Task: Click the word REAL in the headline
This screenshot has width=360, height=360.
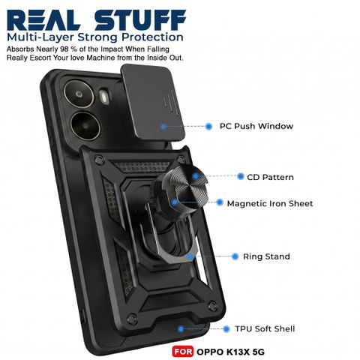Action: pos(43,20)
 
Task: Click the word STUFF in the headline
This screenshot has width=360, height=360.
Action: pos(140,20)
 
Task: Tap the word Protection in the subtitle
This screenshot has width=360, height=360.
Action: pos(152,37)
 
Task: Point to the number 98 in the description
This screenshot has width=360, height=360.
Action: pos(64,49)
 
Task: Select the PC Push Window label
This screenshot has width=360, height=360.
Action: pos(256,126)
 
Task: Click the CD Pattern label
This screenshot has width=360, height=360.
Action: pos(270,177)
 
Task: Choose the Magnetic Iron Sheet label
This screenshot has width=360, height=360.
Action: pos(270,203)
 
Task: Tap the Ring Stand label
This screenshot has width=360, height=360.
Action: pos(266,256)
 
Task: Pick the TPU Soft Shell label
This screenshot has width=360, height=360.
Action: pos(265,328)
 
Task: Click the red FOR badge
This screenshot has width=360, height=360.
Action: pos(182,352)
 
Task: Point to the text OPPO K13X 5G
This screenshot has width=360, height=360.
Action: pos(230,352)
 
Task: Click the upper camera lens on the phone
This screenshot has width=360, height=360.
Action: pos(79,94)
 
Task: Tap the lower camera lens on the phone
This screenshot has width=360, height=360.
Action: pos(85,126)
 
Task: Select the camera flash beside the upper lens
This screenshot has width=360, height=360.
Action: pos(104,96)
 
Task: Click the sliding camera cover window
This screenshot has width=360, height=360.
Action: pos(152,100)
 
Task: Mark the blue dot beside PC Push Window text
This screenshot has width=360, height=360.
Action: pos(208,126)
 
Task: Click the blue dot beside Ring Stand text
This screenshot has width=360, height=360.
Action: pos(235,256)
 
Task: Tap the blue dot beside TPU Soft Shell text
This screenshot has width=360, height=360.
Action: pos(226,329)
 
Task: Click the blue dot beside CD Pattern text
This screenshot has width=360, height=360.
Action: pos(241,176)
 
